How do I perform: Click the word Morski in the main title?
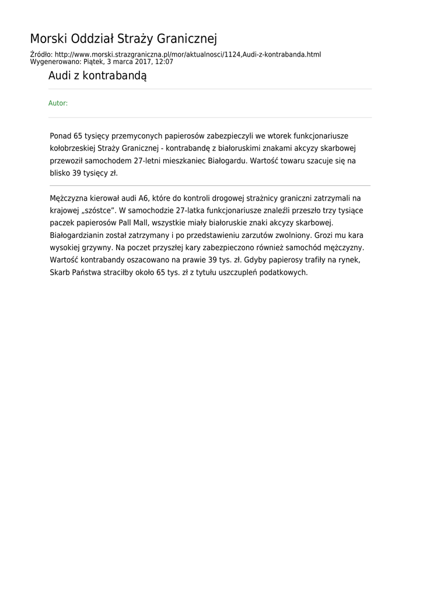click(48, 39)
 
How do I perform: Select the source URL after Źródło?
click(188, 55)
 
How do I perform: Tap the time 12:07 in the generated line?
click(164, 61)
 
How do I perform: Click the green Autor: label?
click(58, 103)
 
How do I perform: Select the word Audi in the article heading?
click(59, 76)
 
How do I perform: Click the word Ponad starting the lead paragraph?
click(61, 135)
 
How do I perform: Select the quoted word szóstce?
click(96, 210)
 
